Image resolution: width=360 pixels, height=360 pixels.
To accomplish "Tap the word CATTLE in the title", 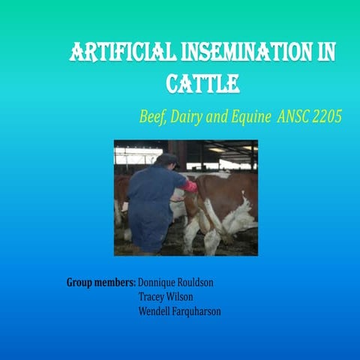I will tap(202, 82).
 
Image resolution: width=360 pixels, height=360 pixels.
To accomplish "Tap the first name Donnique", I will tap(160, 283).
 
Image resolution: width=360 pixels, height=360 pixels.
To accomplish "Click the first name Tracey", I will tap(153, 297).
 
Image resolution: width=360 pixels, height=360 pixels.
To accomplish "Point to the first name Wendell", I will tap(156, 310).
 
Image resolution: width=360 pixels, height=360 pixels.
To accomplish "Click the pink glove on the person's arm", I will tap(190, 185).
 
